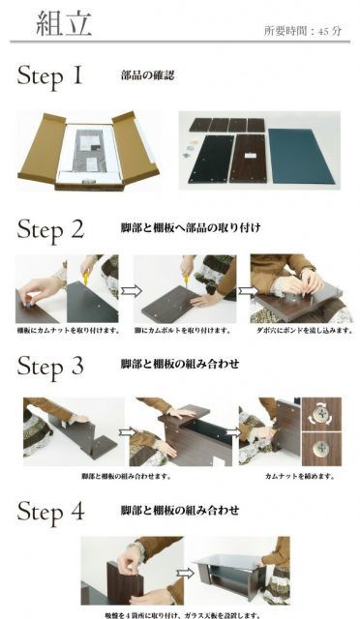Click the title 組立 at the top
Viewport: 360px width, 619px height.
63,23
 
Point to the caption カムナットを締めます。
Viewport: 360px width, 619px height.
299,476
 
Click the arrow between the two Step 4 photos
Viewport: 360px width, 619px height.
179,569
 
